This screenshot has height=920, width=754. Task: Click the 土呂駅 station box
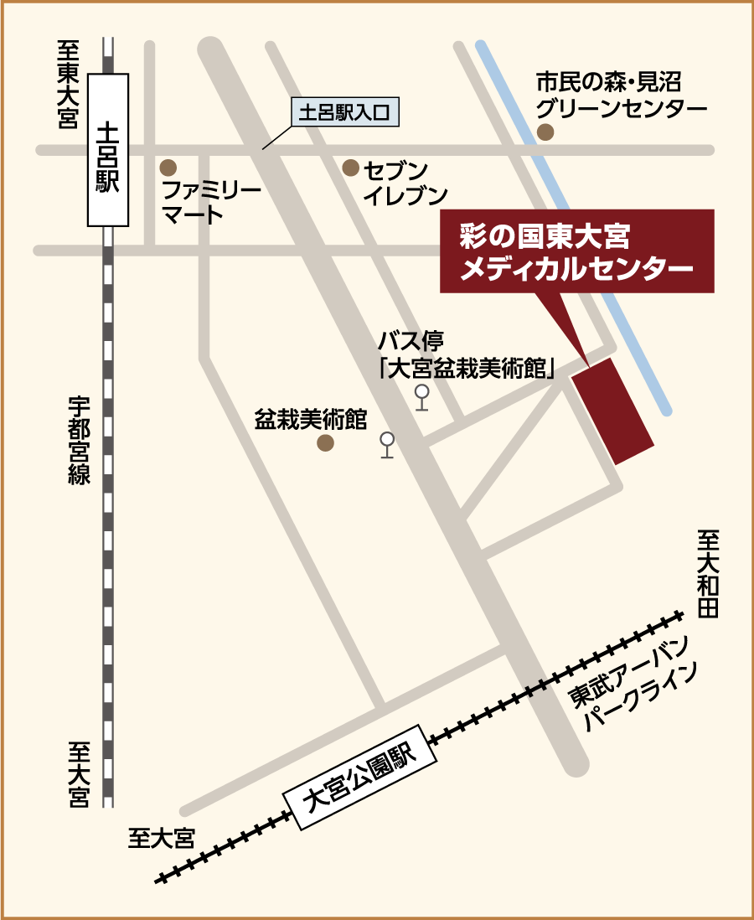click(x=109, y=150)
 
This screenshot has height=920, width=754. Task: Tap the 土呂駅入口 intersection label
click(x=345, y=112)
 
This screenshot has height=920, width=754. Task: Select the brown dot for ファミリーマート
click(x=168, y=167)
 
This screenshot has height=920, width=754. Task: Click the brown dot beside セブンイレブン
click(x=350, y=168)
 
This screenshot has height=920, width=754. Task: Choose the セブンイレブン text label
click(x=405, y=183)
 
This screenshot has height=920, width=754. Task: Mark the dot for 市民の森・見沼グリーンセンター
click(x=545, y=132)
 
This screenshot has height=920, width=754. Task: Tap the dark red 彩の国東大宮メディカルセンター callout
click(x=577, y=251)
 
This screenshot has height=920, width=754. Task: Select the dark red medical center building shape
click(x=612, y=411)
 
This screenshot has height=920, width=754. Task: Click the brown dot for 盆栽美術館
click(x=325, y=442)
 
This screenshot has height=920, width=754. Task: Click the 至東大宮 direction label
click(x=68, y=84)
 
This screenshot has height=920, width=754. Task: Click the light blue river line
click(x=578, y=235)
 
